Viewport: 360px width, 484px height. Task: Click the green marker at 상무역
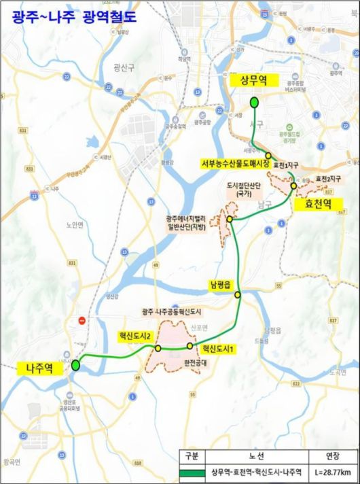pos(254,103)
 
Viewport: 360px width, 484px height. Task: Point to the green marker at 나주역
pos(75,365)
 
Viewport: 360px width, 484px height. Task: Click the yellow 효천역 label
pos(317,203)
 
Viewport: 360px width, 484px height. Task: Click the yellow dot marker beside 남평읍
pos(238,294)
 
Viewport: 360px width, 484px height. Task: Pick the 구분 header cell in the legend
pos(191,456)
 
